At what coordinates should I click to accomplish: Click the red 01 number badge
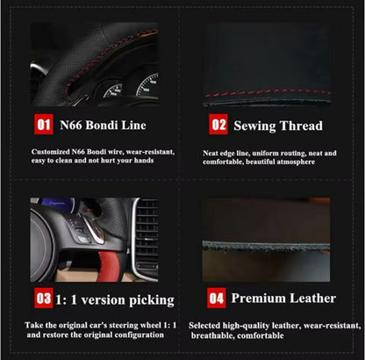coord(44,125)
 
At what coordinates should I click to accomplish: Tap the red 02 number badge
coord(218,125)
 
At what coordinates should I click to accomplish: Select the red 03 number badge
coord(44,298)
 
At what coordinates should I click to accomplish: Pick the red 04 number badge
coord(217,298)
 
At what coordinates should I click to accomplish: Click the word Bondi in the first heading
coord(102,126)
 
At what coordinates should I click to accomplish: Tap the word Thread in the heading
coord(300,126)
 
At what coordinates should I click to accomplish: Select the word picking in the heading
coord(152,300)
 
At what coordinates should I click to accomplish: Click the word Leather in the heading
coord(312,299)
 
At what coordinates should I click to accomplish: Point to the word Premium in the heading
coord(258,299)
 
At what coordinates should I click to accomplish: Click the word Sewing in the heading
coord(254,126)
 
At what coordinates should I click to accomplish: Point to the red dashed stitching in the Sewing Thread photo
coord(268,92)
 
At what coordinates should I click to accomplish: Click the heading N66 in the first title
coord(71,126)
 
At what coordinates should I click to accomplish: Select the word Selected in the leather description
coord(204,326)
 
